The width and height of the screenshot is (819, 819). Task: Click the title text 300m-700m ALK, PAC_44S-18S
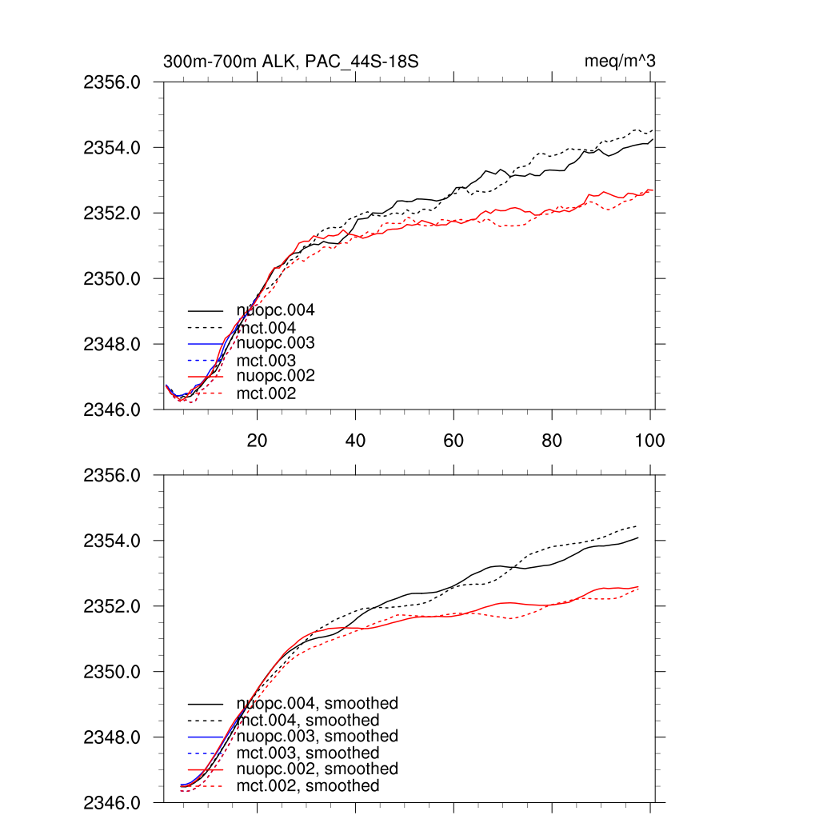pyautogui.click(x=292, y=61)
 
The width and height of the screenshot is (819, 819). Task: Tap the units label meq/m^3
pyautogui.click(x=621, y=61)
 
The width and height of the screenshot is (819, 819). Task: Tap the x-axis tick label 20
pyautogui.click(x=257, y=441)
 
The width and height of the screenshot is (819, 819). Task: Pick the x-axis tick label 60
pyautogui.click(x=453, y=441)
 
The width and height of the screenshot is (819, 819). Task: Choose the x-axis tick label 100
pyautogui.click(x=649, y=441)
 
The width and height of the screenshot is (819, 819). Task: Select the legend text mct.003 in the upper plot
pyautogui.click(x=266, y=361)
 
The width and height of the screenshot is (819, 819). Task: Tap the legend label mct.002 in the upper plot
pyautogui.click(x=266, y=394)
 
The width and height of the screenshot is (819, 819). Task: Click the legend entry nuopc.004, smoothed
pyautogui.click(x=318, y=704)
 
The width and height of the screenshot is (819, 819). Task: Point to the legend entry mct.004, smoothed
pyautogui.click(x=308, y=721)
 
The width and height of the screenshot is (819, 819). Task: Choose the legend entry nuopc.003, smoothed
pyautogui.click(x=318, y=737)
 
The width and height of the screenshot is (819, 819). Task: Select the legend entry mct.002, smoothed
pyautogui.click(x=308, y=786)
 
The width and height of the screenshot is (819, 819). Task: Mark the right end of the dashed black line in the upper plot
pyautogui.click(x=653, y=130)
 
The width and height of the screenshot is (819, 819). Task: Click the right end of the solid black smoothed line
pyautogui.click(x=638, y=538)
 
